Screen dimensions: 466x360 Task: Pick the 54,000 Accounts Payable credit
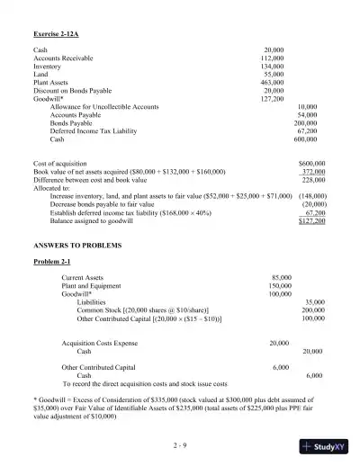[307, 115]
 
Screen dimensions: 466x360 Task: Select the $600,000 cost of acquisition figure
[311, 162]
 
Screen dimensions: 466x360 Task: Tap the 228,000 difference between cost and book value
[313, 178]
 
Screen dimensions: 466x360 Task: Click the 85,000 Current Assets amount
[281, 278]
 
